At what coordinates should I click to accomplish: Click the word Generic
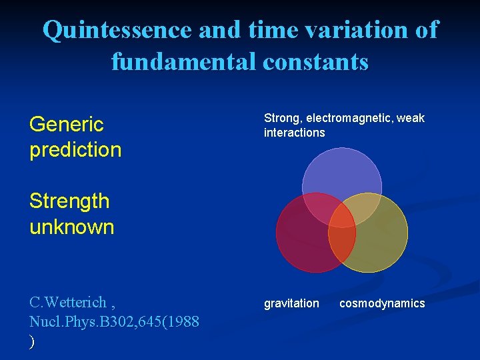coord(67,125)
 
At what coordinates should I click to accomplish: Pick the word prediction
coord(75,150)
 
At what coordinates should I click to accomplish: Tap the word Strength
coord(69,201)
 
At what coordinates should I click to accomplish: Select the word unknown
coord(72,227)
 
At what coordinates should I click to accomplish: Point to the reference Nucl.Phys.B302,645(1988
coord(114,321)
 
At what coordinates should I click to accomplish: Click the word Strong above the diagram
coord(281,118)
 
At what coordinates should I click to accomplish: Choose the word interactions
coord(294,133)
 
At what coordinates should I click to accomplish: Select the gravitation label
coord(291,303)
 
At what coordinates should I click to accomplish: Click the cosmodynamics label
coord(382,303)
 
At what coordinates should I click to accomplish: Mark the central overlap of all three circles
coord(342,215)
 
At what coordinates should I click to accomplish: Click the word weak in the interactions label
coord(411,118)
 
